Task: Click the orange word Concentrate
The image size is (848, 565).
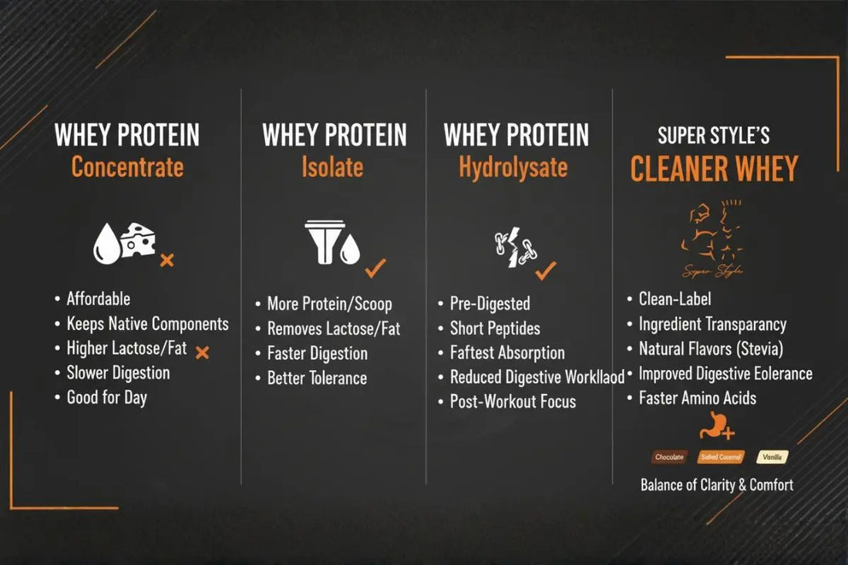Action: pos(127,166)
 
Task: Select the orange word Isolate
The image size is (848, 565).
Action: pos(333,166)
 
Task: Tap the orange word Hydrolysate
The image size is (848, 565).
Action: pos(513,166)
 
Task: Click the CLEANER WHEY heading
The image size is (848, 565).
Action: pos(714,169)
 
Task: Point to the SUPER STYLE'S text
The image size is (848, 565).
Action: pos(714,136)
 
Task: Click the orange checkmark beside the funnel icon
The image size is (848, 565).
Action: pos(375,268)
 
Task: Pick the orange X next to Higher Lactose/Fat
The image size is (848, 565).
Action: pos(202,352)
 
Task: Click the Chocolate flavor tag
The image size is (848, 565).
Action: pos(669,457)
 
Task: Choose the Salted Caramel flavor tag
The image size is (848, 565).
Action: pos(721,457)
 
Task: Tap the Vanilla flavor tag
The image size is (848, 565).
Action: pos(772,457)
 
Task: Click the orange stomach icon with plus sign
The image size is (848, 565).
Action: pos(715,426)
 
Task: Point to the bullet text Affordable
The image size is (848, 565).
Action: pos(98,299)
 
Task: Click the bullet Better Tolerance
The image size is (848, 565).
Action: pos(317,378)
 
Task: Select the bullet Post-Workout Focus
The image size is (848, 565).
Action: pos(513,402)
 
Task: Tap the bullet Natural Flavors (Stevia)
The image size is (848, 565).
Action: pos(711,349)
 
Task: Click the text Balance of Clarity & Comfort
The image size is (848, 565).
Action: pos(717,485)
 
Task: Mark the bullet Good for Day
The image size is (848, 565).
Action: pos(106,398)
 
